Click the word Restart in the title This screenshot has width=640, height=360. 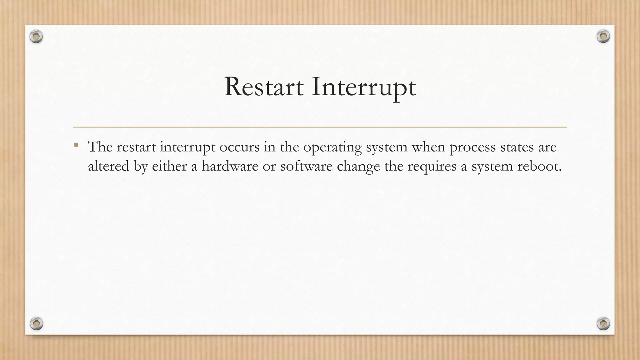click(263, 87)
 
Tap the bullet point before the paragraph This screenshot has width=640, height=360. click(76, 145)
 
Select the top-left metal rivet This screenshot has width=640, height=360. click(36, 37)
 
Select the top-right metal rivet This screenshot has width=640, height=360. click(603, 37)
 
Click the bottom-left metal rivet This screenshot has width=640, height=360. click(36, 323)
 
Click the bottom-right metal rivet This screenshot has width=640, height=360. click(603, 323)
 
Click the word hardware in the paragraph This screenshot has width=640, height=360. click(230, 166)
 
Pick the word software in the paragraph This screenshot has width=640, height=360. click(306, 166)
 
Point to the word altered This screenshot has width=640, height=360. click(108, 166)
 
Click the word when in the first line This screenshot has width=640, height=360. click(428, 147)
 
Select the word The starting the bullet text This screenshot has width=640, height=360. click(100, 147)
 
